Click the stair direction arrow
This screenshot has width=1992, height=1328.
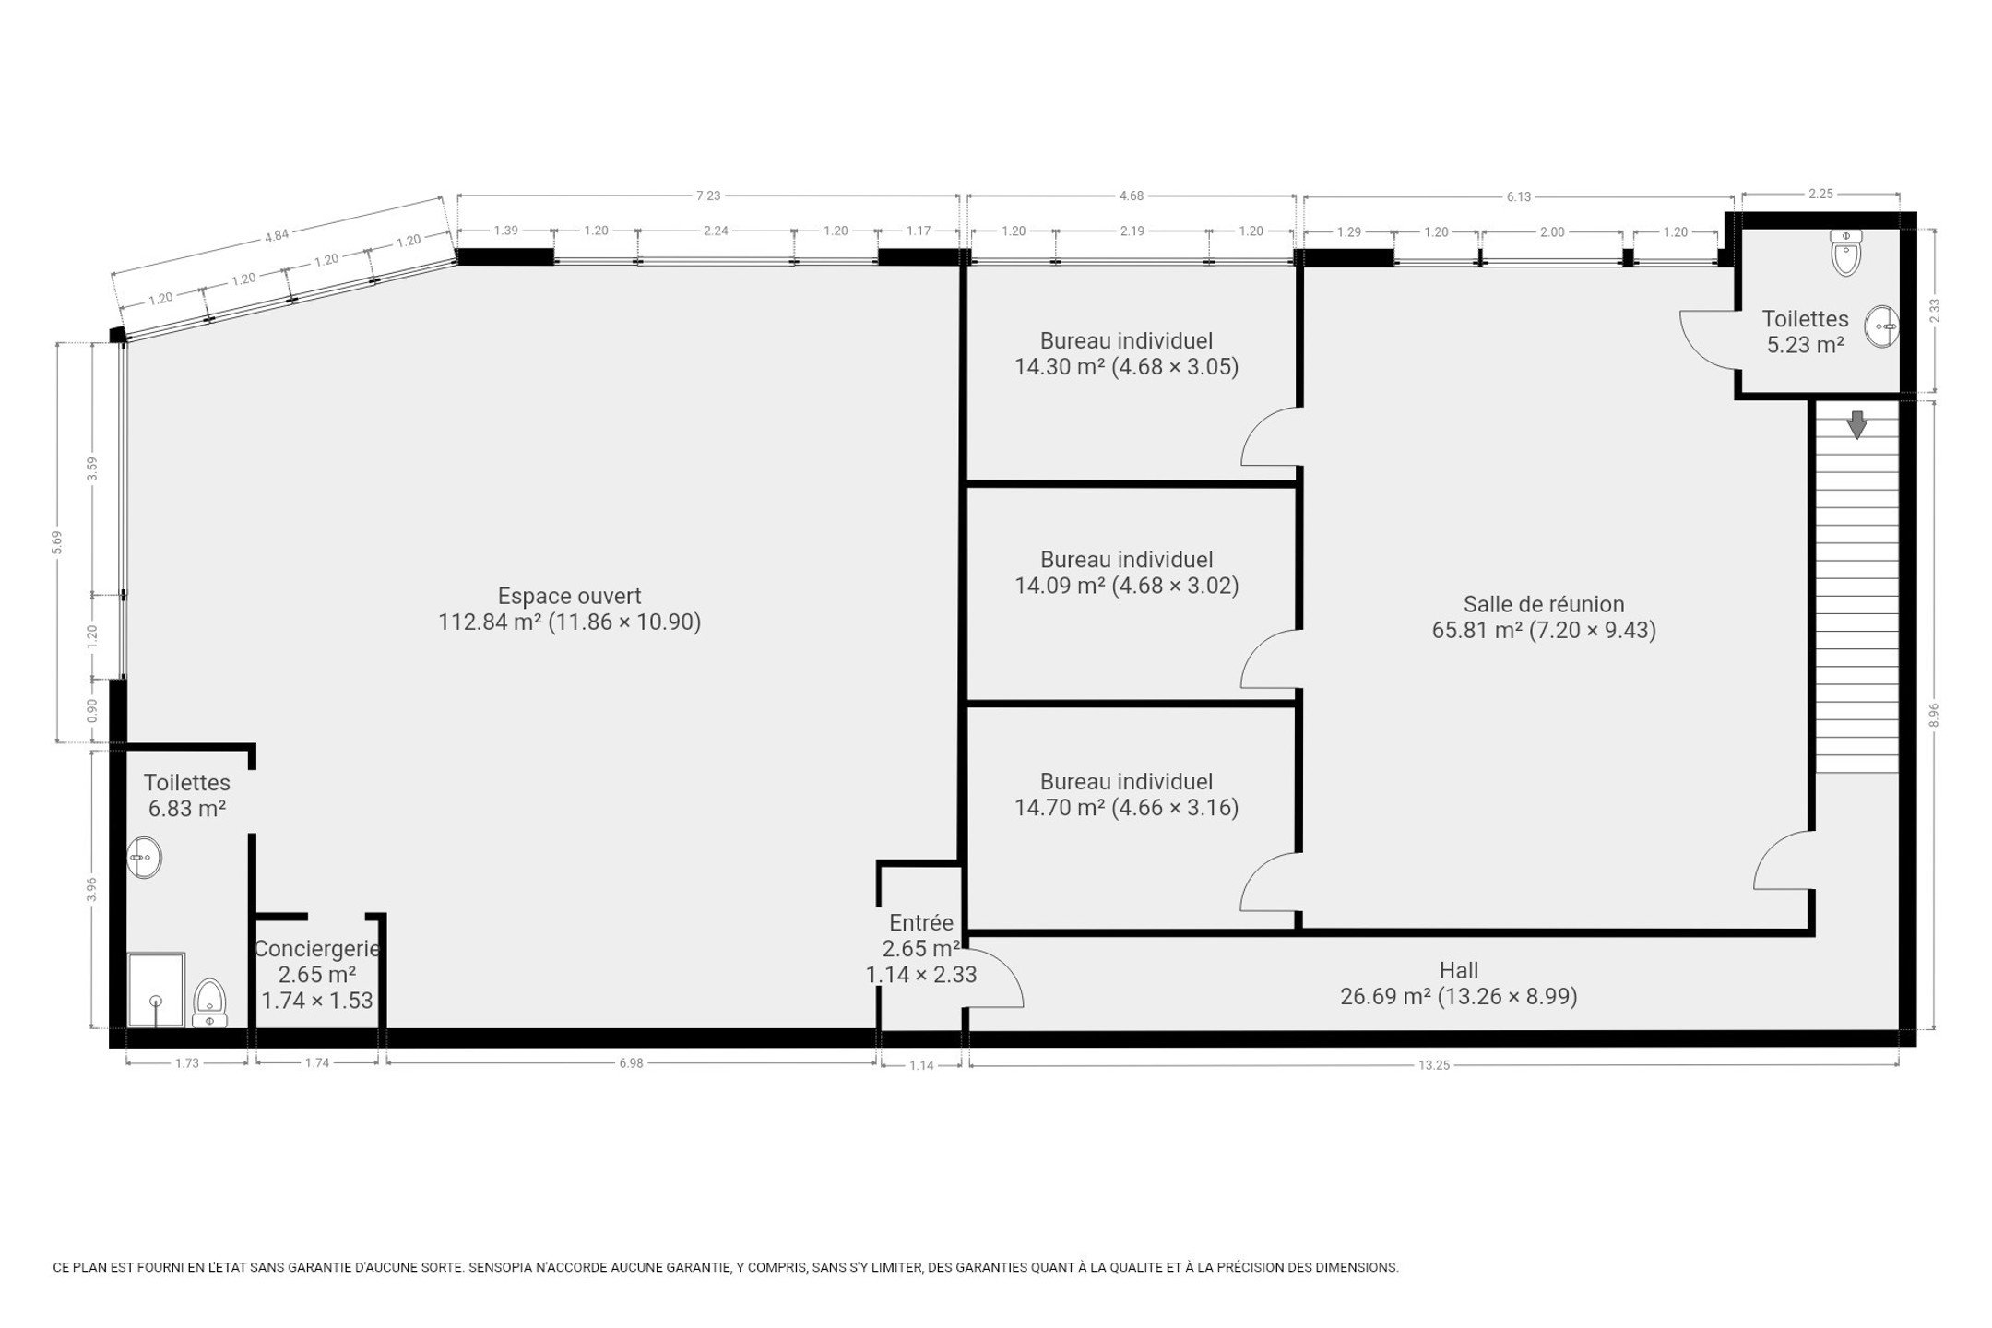[1856, 424]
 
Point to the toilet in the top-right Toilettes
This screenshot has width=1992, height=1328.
[1845, 253]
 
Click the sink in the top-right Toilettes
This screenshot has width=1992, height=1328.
[1881, 326]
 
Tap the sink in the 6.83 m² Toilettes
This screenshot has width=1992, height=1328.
[144, 858]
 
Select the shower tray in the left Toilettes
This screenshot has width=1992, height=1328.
[156, 990]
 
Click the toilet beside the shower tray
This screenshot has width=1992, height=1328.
[210, 1003]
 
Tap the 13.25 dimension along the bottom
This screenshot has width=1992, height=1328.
[1434, 1065]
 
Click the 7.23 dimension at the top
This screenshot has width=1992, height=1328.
[707, 196]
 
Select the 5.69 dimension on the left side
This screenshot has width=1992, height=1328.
[57, 542]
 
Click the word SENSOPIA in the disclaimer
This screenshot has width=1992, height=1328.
[500, 1267]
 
